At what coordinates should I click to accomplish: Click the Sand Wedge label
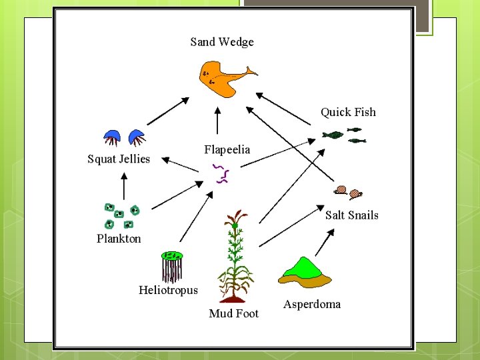222,42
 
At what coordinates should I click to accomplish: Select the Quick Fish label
348,112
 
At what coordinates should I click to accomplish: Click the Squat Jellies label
119,159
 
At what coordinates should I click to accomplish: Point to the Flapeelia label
227,149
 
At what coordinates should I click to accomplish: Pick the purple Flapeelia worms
221,173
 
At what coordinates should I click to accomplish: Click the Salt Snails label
351,215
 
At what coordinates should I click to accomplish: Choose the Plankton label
119,238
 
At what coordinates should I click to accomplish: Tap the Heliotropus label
168,290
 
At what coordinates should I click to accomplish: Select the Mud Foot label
233,313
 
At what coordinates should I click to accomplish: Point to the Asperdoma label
311,304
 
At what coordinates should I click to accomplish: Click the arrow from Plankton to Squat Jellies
123,186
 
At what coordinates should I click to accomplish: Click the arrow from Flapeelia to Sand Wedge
216,121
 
